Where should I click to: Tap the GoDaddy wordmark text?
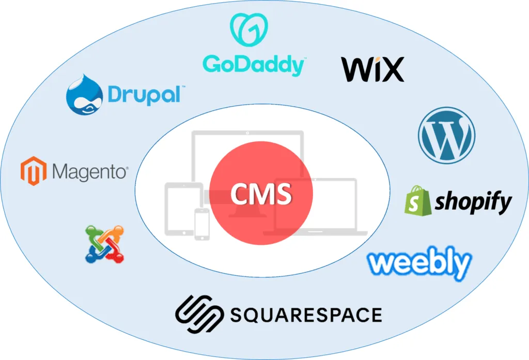254,65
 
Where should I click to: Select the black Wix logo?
372,70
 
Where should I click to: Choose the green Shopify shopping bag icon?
418,200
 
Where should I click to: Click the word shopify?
473,203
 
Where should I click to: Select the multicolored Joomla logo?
105,243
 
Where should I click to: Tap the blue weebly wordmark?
419,263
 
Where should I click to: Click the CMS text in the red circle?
261,194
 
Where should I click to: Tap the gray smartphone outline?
201,224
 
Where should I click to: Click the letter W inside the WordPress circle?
446,135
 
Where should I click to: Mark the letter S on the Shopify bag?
414,204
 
